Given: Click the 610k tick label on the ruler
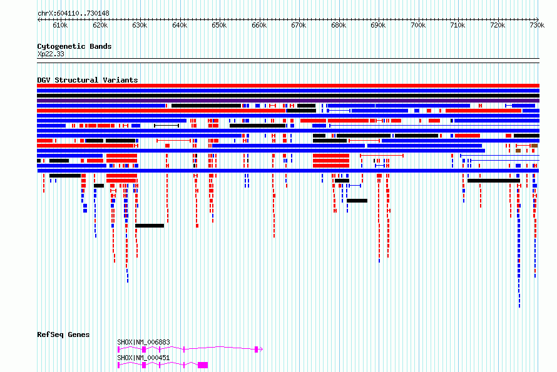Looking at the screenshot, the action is pyautogui.click(x=60, y=25).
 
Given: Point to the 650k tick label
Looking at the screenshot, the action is pyautogui.click(x=219, y=25).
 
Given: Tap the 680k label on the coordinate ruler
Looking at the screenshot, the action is pyautogui.click(x=339, y=25).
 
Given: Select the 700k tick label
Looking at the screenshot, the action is pyautogui.click(x=418, y=25).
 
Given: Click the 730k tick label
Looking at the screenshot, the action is pyautogui.click(x=537, y=25).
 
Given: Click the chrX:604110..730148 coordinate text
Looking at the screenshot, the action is pyautogui.click(x=73, y=14).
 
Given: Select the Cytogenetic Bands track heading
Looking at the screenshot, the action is pyautogui.click(x=74, y=46).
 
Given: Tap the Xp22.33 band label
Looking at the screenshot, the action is pyautogui.click(x=51, y=54).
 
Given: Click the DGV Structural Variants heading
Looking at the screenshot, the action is pyautogui.click(x=88, y=80).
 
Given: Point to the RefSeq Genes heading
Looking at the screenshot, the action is pyautogui.click(x=63, y=334).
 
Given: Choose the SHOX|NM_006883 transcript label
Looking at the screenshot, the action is pyautogui.click(x=143, y=342).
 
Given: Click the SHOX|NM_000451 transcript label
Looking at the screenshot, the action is pyautogui.click(x=143, y=358).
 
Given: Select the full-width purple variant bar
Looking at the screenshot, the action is pyautogui.click(x=288, y=101).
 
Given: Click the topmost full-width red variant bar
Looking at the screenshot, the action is pyautogui.click(x=288, y=86).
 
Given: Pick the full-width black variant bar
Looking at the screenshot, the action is pyautogui.click(x=288, y=96).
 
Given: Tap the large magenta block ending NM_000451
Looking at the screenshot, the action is pyautogui.click(x=203, y=365).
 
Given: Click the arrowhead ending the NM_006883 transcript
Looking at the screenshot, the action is pyautogui.click(x=262, y=349).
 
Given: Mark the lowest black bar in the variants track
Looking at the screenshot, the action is pyautogui.click(x=150, y=226).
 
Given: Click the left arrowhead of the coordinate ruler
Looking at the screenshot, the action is pyautogui.click(x=38, y=19).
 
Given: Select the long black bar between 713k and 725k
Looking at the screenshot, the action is pyautogui.click(x=494, y=181).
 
